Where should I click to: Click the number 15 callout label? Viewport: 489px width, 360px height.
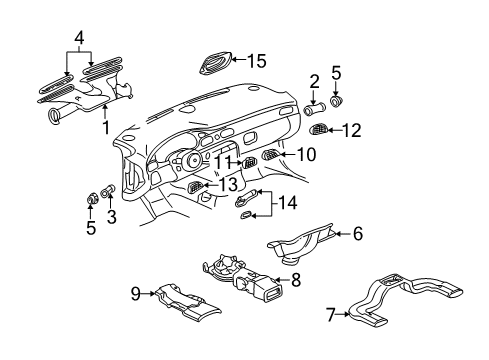point(252,59)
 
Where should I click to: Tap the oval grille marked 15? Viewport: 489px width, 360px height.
point(216,62)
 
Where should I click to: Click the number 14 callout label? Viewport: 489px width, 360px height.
point(289,203)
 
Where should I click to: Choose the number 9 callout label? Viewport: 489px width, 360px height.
point(136,294)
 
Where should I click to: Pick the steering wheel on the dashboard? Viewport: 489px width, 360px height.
point(183,161)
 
